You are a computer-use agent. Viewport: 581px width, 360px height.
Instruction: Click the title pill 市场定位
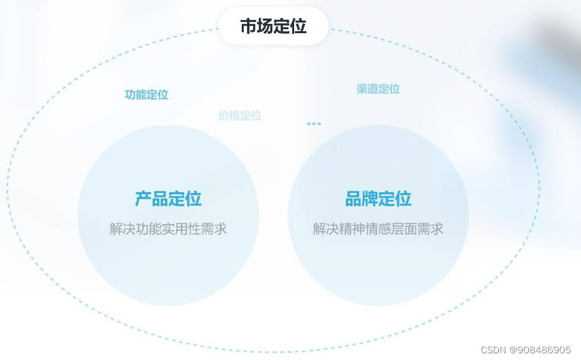[x=273, y=27]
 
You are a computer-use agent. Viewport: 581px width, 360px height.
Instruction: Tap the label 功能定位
[x=146, y=95]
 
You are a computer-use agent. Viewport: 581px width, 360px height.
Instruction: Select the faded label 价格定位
[x=240, y=116]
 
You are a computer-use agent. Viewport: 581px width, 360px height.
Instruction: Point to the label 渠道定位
[x=378, y=89]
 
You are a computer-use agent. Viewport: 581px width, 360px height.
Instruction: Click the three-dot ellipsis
[x=314, y=124]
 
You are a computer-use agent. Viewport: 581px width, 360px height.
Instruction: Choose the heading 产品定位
[x=168, y=198]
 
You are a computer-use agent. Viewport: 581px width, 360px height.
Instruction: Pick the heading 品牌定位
[x=378, y=198]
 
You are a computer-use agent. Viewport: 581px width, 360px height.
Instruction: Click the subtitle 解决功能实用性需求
[x=168, y=229]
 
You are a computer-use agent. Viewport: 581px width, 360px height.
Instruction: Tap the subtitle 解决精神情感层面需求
[x=378, y=229]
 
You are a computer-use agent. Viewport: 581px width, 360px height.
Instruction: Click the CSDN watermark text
[x=494, y=349]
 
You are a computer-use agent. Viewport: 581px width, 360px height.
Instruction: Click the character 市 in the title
[x=248, y=27]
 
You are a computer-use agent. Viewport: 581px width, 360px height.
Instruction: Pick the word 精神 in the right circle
[x=356, y=229]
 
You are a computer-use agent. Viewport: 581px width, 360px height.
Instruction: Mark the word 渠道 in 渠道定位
[x=368, y=89]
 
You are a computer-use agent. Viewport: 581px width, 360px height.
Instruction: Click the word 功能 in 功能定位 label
[x=136, y=95]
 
